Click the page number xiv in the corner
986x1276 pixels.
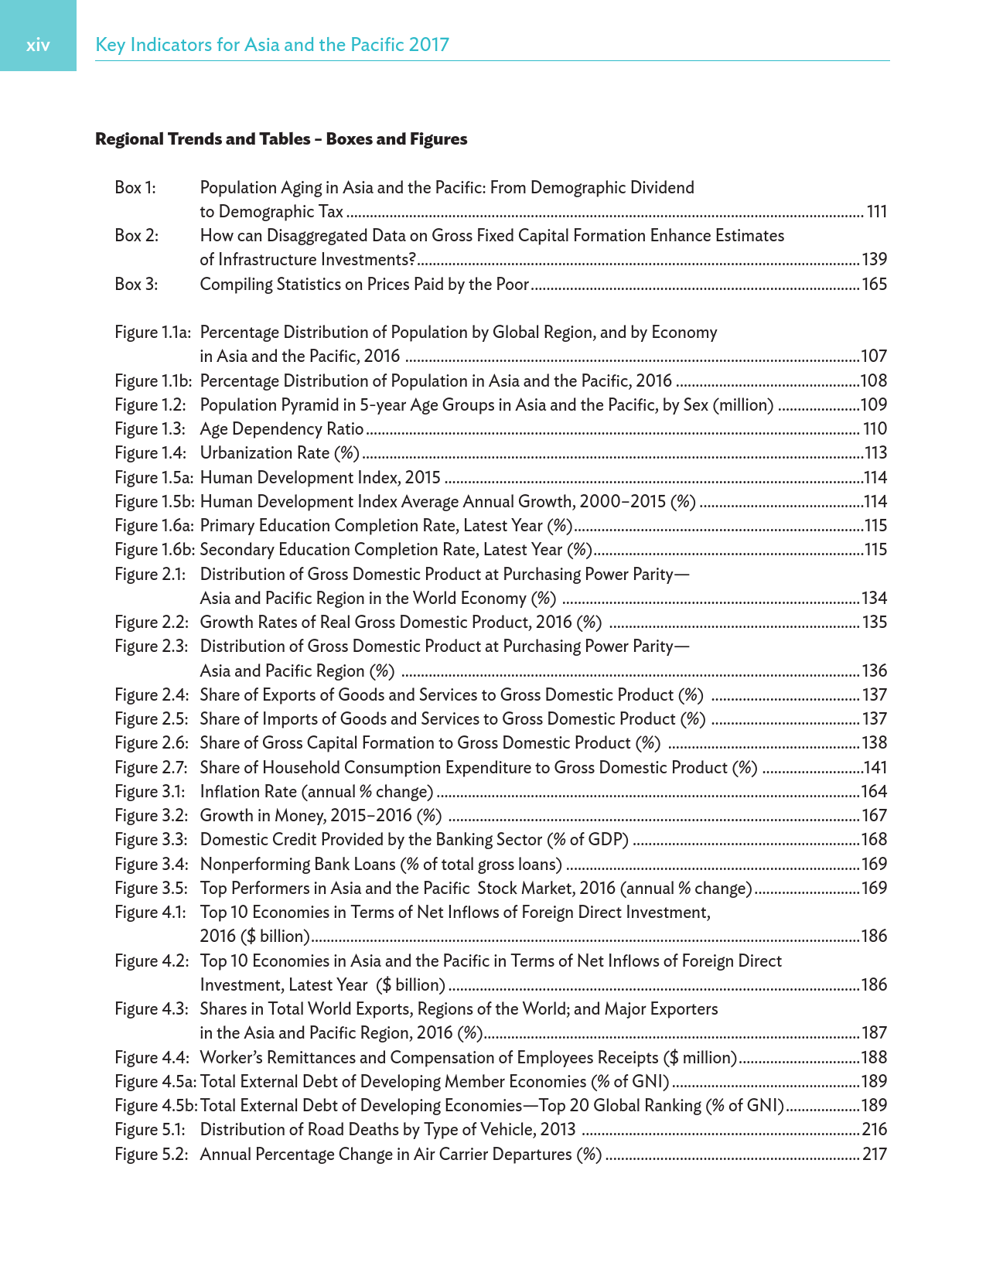(x=38, y=45)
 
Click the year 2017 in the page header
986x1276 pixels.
(x=429, y=45)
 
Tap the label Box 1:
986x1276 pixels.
(x=135, y=188)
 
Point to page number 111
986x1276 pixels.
(x=876, y=212)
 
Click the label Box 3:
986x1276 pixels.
(x=136, y=285)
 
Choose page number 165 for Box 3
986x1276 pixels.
(x=874, y=285)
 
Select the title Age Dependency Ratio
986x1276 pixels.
(x=281, y=429)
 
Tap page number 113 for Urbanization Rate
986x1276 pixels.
(x=875, y=453)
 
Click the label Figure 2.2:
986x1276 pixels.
(x=151, y=623)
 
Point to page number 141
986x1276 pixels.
(x=875, y=768)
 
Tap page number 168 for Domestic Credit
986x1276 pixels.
(x=874, y=840)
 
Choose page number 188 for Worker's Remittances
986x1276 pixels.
(x=874, y=1058)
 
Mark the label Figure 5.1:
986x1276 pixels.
(x=150, y=1130)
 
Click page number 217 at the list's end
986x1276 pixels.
(x=875, y=1155)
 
